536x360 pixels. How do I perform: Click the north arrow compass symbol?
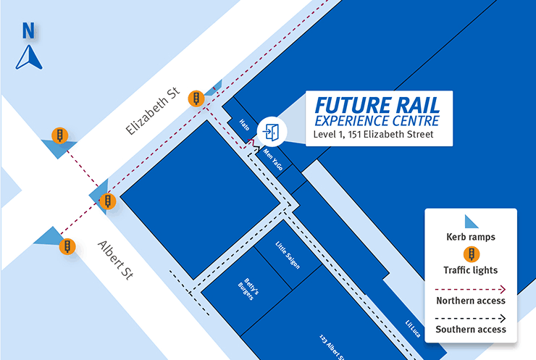click(28, 57)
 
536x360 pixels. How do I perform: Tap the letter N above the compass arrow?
click(29, 30)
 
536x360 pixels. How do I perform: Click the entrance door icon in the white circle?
click(272, 132)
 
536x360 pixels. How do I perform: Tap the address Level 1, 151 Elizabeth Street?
click(373, 134)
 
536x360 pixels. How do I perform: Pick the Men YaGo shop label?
click(272, 158)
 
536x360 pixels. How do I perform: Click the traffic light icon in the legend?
click(471, 254)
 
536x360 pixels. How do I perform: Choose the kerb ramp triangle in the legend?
click(471, 222)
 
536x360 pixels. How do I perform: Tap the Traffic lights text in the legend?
click(471, 270)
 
